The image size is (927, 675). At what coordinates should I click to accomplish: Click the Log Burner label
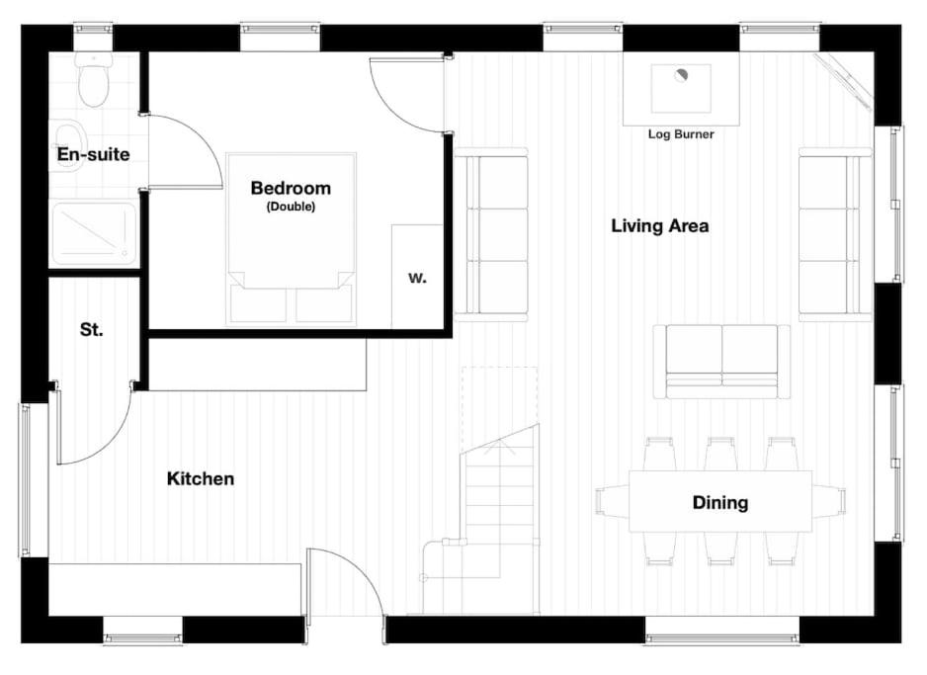(x=680, y=134)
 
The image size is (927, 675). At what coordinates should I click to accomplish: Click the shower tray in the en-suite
(x=94, y=234)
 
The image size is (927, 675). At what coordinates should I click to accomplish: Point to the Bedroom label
(x=290, y=188)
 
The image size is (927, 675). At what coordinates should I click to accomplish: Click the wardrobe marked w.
(x=417, y=277)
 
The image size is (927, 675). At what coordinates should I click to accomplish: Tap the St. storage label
(x=91, y=330)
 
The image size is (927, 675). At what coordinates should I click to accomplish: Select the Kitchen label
(x=200, y=479)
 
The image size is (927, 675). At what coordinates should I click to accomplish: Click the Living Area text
(x=659, y=226)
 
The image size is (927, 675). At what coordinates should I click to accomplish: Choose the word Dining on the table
(x=719, y=503)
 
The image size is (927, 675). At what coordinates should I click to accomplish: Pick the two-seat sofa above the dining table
(x=722, y=361)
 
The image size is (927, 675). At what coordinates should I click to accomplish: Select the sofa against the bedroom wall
(x=491, y=234)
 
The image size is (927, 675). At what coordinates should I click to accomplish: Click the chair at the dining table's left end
(x=610, y=502)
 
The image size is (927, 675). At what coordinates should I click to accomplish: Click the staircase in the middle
(x=499, y=514)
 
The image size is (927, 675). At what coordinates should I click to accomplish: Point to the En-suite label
(x=93, y=155)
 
